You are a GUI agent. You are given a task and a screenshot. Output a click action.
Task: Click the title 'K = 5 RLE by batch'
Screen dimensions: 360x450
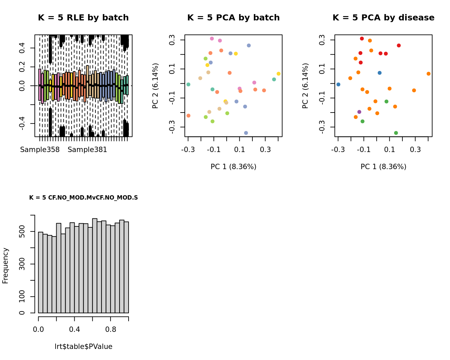[83, 18]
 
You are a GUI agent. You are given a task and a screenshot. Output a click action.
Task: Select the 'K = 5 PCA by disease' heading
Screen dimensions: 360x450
[383, 18]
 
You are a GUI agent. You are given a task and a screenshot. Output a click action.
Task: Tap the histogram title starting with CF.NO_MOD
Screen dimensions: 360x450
[83, 198]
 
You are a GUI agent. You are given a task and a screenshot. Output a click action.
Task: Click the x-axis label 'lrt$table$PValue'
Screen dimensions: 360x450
[83, 347]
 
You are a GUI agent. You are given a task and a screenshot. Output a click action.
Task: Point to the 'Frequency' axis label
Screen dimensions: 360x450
[5, 266]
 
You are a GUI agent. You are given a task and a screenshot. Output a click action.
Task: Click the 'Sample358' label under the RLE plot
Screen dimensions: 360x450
[40, 150]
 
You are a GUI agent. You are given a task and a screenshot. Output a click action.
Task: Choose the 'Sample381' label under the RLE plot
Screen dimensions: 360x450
[87, 150]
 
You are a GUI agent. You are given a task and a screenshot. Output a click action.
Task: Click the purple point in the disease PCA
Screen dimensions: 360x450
[359, 112]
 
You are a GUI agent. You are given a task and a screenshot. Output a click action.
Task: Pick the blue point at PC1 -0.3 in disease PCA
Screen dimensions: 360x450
[338, 84]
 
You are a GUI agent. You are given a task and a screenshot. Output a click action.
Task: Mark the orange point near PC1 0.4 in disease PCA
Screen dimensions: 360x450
[429, 74]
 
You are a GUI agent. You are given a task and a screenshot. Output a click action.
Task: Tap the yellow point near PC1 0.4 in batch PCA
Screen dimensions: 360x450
[279, 74]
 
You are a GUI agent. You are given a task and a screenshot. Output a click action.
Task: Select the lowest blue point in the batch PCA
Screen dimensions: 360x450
[246, 133]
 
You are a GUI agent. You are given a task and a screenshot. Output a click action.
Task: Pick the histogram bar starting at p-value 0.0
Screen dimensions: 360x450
[41, 272]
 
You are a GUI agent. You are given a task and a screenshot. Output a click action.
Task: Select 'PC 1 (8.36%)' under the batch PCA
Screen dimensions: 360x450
[233, 167]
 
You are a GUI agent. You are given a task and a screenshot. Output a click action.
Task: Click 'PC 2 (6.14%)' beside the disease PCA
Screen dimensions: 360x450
[305, 86]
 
